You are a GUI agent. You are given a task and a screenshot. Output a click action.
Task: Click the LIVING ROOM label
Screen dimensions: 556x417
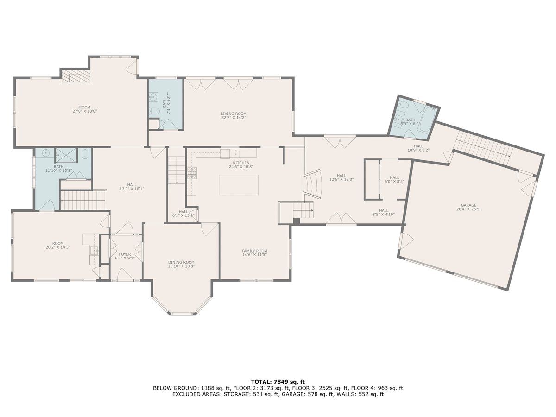tap(234, 114)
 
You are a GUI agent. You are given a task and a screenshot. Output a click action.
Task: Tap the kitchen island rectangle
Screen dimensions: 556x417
tap(239, 185)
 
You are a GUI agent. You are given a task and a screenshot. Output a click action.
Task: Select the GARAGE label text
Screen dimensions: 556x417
tap(468, 205)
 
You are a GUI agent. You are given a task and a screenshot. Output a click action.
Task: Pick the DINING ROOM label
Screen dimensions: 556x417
tap(181, 262)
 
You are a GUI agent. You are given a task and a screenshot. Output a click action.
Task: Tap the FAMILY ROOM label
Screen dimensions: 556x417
tap(254, 251)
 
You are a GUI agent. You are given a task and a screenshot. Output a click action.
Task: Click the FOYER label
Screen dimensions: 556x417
tap(125, 254)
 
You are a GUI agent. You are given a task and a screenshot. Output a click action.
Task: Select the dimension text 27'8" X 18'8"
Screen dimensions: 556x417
tap(85, 111)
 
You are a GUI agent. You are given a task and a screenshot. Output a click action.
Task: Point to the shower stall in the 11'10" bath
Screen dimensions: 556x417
tap(66, 156)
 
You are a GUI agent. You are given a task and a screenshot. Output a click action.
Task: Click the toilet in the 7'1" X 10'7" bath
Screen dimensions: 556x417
tap(153, 111)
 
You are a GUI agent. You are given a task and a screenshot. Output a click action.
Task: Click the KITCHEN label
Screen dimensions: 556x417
tap(241, 163)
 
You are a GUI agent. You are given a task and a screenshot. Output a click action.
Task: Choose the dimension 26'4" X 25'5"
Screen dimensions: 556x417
tap(468, 209)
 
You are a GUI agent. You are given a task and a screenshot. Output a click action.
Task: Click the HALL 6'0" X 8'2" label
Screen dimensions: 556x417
tap(394, 179)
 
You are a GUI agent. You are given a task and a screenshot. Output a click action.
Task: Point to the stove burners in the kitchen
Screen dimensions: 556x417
tap(192, 173)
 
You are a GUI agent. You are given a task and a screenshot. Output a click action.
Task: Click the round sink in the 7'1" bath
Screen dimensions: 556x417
tap(153, 96)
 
